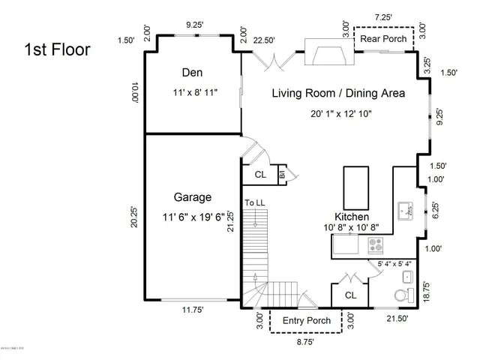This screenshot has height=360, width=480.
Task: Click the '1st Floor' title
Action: coord(58,51)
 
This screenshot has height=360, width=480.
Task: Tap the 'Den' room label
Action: coord(193,73)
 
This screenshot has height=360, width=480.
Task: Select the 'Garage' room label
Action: coord(193,197)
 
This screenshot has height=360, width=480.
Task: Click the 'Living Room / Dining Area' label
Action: coord(337,94)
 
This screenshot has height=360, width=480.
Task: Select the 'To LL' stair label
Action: coord(254,203)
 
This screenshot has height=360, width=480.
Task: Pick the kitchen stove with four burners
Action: coord(375,244)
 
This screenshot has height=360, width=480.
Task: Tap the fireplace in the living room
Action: coord(328,53)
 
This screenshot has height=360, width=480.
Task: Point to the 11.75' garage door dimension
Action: coord(192,308)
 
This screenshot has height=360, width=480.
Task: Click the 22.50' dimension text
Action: coord(264,40)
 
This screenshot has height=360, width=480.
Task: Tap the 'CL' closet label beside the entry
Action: coord(350,295)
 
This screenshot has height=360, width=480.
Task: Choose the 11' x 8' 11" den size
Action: coord(193,94)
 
